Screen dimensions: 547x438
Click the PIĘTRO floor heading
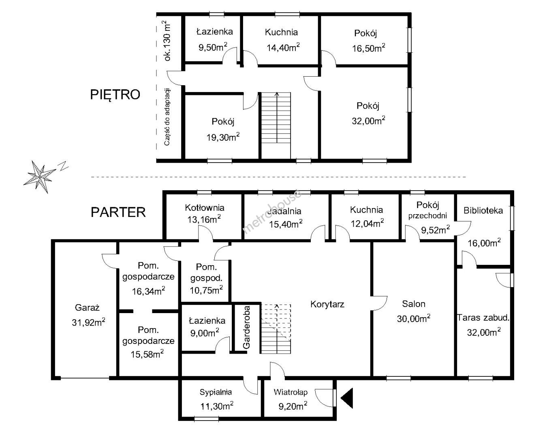click(x=115, y=94)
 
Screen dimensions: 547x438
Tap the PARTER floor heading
click(x=118, y=212)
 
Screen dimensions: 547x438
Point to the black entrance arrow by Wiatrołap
click(x=347, y=398)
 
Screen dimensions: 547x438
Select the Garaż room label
click(x=87, y=308)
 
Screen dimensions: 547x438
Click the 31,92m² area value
click(x=88, y=322)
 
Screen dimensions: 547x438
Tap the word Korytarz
click(x=327, y=305)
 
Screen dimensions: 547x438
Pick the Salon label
click(x=414, y=304)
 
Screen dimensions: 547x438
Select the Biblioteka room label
click(x=483, y=211)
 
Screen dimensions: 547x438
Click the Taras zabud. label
click(x=483, y=318)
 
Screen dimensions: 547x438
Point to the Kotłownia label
click(x=205, y=208)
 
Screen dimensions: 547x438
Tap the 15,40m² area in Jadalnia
click(x=286, y=224)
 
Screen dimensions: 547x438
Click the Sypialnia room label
click(x=216, y=392)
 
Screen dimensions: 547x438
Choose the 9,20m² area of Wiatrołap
click(x=293, y=406)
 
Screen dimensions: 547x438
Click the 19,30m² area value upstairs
click(x=223, y=137)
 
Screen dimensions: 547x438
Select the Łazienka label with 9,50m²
click(x=215, y=32)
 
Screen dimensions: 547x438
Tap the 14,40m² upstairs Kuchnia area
click(x=283, y=47)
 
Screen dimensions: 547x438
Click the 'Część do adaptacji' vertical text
click(x=167, y=117)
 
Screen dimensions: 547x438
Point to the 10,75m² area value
click(x=206, y=290)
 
